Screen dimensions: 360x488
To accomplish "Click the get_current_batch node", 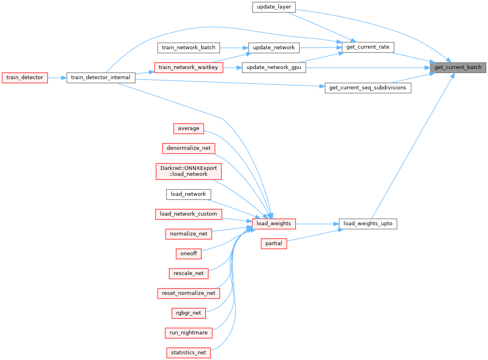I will coord(458,67).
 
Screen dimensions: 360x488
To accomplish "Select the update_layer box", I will coord(274,7).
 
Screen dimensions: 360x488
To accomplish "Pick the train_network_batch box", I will coord(188,47).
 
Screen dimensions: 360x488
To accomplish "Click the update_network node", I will coord(273,47).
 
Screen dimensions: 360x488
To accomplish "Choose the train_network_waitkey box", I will coord(188,67).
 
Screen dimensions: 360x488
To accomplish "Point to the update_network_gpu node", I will coord(274,68).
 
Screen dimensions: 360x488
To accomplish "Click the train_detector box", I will coord(24,77).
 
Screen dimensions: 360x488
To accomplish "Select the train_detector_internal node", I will coord(101,77).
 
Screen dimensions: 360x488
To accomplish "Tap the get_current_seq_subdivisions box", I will coord(368,88).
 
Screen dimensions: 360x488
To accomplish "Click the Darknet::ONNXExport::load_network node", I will coord(188,171).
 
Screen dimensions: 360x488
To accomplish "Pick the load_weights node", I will coord(274,224).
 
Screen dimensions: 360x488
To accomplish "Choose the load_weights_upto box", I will coord(368,224).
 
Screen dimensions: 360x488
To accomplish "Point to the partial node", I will coord(274,243).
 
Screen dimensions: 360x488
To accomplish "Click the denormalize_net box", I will coord(188,148).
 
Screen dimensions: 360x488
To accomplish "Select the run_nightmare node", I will coord(188,333).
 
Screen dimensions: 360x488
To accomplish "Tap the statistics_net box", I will coord(188,353).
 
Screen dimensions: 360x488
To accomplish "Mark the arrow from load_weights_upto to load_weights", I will coord(317,224).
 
